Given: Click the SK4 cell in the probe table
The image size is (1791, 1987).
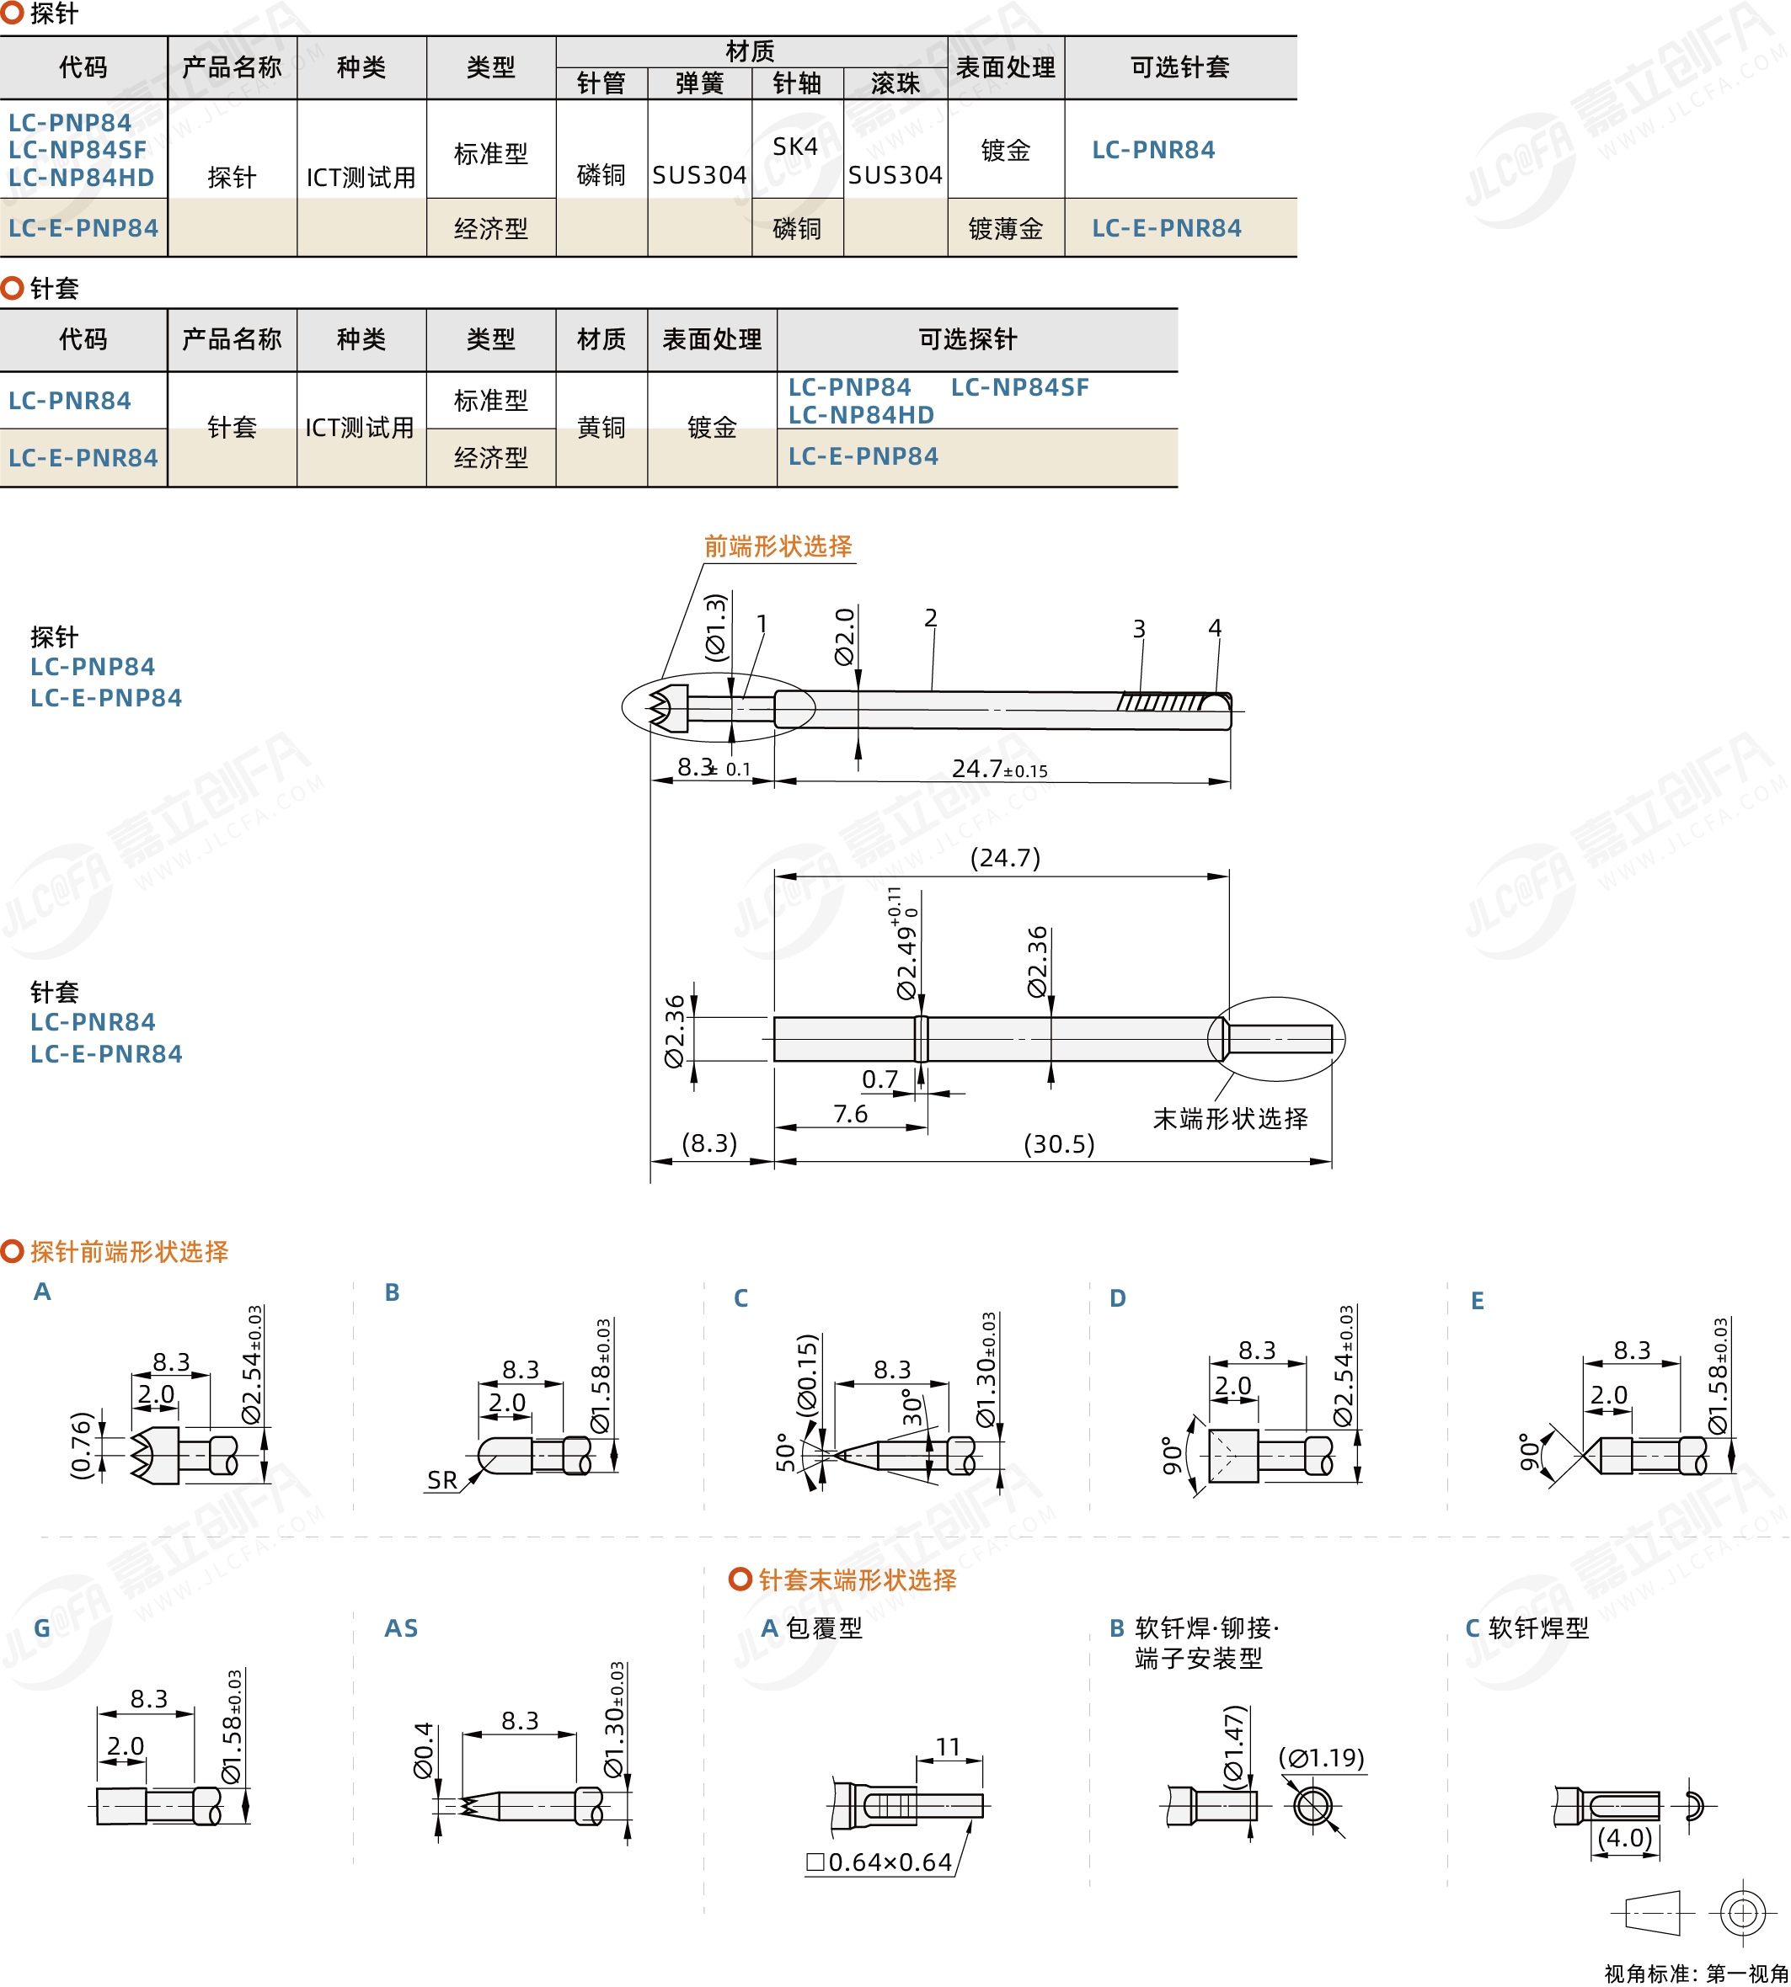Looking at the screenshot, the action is click(x=795, y=146).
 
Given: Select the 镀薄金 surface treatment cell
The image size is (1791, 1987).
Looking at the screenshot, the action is click(x=1005, y=228).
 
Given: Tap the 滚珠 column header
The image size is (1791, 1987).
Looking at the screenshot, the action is click(x=895, y=83).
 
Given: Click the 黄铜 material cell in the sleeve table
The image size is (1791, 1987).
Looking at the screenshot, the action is click(x=601, y=427).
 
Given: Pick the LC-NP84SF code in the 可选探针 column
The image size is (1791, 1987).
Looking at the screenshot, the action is click(x=1019, y=387).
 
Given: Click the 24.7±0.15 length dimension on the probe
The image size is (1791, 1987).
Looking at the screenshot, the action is click(x=999, y=768).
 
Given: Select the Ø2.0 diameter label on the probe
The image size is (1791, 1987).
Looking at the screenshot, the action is click(x=844, y=637).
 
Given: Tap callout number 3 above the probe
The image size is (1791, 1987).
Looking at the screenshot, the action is click(x=1139, y=629).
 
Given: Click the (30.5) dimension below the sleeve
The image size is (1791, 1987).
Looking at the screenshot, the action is click(x=1059, y=1144).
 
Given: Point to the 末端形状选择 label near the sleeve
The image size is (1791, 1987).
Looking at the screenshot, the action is click(x=1230, y=1118).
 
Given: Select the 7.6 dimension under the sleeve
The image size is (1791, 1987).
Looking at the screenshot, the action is click(x=850, y=1114).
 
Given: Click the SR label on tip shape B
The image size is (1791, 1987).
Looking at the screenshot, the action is click(x=441, y=1480).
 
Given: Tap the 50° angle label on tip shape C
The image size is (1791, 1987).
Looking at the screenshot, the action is click(x=785, y=1452).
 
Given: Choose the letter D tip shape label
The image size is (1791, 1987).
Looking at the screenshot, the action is click(x=1117, y=1298).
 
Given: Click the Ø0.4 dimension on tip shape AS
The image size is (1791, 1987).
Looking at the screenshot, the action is click(x=423, y=1750).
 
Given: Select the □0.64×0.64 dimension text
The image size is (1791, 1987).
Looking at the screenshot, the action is click(x=879, y=1862).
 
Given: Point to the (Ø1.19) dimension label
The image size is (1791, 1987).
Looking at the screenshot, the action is click(x=1321, y=1758).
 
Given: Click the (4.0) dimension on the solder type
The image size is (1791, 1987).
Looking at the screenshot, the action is click(x=1625, y=1837).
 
